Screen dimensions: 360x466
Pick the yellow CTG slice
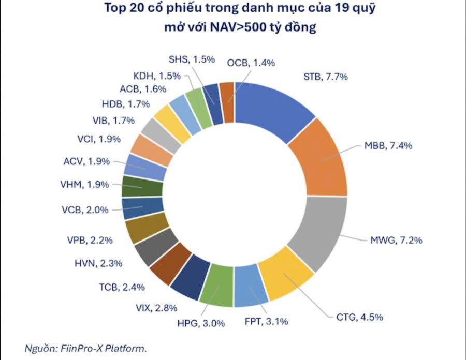(285, 279)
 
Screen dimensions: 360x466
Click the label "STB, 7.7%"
(325, 77)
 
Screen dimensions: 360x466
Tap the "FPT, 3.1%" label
(267, 323)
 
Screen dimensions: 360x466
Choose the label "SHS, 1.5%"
(192, 59)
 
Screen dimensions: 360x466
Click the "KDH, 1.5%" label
(156, 76)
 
